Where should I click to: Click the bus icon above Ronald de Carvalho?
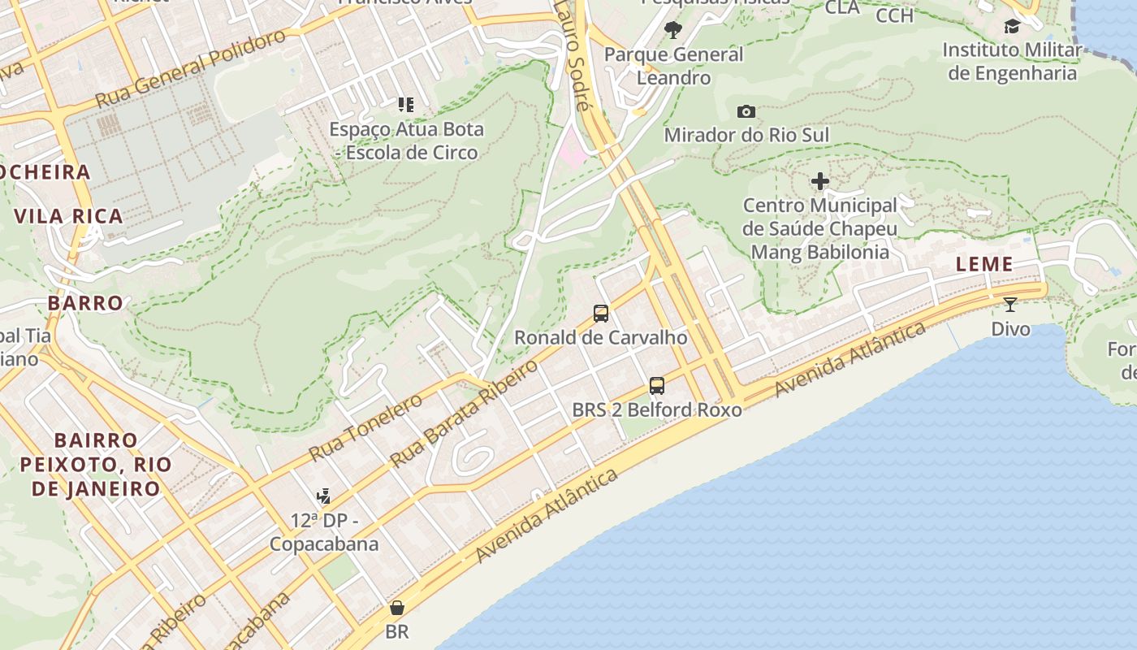coord(600,313)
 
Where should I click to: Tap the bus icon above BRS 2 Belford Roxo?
coord(657,386)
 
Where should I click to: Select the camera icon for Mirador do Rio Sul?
coord(746,111)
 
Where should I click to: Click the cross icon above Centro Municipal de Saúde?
coord(820,181)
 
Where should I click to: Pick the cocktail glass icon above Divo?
coord(1009,305)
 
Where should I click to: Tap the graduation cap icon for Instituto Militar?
coord(1012,26)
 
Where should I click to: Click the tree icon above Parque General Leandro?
coord(672,31)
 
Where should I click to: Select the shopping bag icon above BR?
coord(397,608)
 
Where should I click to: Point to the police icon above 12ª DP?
coord(323,496)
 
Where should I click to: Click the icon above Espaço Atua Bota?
coord(406,105)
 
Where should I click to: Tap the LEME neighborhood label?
coord(984,264)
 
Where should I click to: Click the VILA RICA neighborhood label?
coord(69,216)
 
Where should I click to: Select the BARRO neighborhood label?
coord(85,303)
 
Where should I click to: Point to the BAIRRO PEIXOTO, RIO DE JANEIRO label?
coord(96,465)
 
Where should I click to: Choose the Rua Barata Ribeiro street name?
coord(464,414)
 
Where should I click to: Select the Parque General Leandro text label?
coord(674,66)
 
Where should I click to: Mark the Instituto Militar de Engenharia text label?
coord(1012,62)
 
